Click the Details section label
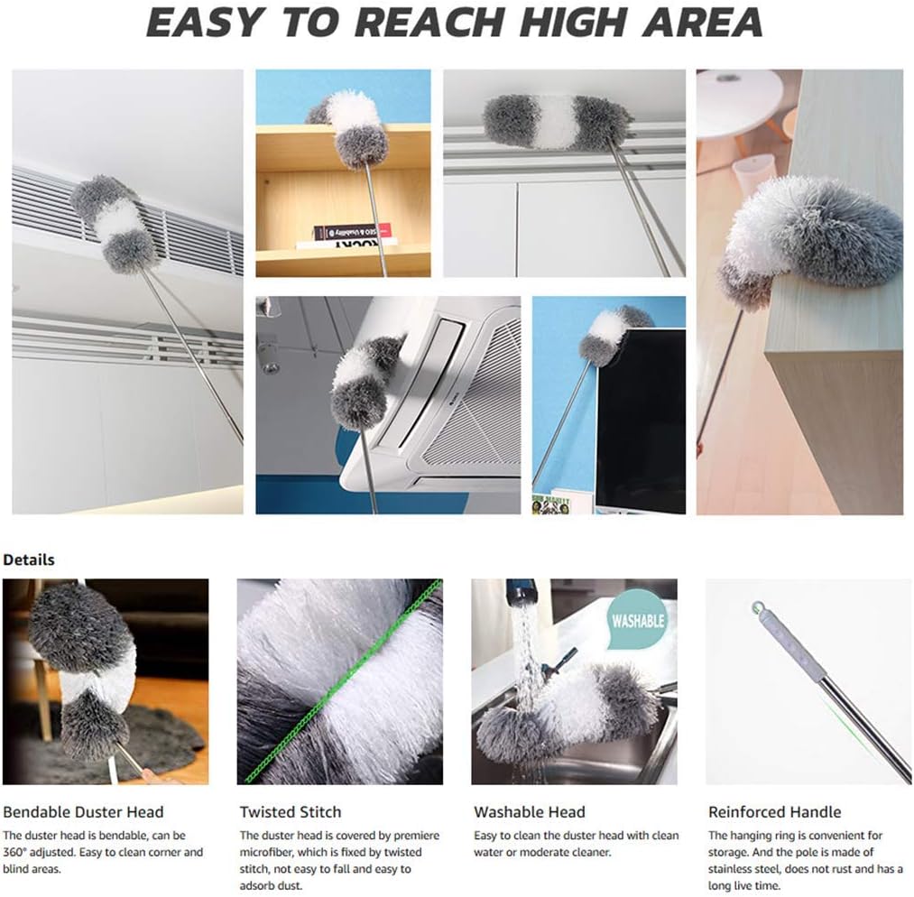pyautogui.click(x=29, y=559)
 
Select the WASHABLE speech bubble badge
pyautogui.click(x=638, y=621)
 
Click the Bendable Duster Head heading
pyautogui.click(x=84, y=812)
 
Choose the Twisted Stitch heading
pyautogui.click(x=291, y=812)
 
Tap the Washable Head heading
pyautogui.click(x=530, y=812)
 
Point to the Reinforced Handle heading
pyautogui.click(x=774, y=812)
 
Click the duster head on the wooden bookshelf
pyautogui.click(x=352, y=126)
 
